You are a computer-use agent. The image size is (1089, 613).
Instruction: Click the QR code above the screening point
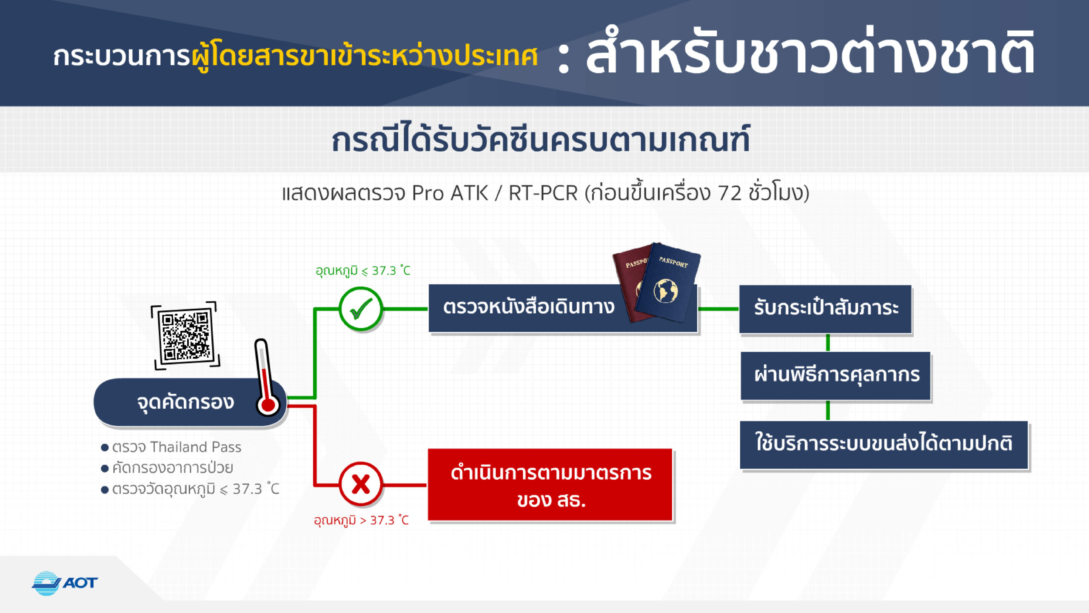(x=185, y=335)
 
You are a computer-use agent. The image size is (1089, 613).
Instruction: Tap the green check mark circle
(x=361, y=309)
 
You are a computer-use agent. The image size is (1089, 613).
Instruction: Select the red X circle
(x=361, y=484)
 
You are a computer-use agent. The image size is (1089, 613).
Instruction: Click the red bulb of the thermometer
(x=268, y=405)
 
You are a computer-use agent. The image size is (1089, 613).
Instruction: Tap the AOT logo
(x=65, y=583)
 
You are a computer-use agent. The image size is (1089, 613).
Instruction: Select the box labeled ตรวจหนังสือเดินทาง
(x=563, y=308)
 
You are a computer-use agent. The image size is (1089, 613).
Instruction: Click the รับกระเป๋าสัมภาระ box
(x=825, y=309)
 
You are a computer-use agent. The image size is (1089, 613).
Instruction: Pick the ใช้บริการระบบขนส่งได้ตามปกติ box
(x=884, y=445)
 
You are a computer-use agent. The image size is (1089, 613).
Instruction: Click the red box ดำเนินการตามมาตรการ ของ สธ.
(x=550, y=484)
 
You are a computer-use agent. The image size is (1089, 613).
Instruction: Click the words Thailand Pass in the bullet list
(x=196, y=447)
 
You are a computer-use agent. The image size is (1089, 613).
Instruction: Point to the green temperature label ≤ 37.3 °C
(x=363, y=271)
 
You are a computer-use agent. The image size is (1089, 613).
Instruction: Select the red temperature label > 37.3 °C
(x=361, y=520)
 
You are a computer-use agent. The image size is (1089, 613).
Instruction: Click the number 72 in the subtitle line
(x=730, y=193)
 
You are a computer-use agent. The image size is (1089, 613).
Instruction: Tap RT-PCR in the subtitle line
(x=543, y=193)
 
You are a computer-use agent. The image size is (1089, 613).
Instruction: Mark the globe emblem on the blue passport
(x=666, y=291)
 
